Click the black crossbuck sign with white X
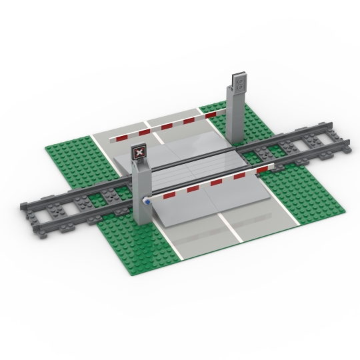point(139,153)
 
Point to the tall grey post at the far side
point(235,117)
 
